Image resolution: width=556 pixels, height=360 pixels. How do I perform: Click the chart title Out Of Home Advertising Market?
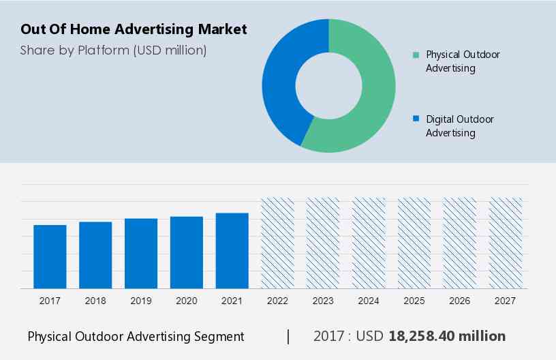[134, 29]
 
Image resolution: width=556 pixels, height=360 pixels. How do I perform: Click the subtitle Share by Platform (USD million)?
[113, 50]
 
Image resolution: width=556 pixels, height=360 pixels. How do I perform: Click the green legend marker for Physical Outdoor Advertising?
[416, 55]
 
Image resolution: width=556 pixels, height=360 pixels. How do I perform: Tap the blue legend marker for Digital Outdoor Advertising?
[416, 119]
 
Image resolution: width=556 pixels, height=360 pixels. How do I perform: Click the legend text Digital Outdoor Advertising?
[459, 125]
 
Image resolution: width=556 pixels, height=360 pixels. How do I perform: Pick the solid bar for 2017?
[50, 256]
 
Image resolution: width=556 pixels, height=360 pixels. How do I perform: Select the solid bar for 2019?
[141, 253]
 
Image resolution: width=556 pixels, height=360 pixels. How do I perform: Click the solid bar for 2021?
[232, 250]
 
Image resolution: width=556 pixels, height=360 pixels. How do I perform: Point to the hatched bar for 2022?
[278, 243]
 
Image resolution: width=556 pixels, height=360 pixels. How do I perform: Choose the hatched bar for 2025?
[414, 243]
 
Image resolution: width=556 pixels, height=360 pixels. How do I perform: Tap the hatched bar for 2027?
[506, 243]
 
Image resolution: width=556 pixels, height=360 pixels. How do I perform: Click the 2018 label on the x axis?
[95, 301]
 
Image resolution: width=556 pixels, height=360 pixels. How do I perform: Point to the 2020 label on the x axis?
[187, 301]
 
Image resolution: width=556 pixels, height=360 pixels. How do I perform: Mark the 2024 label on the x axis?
[369, 301]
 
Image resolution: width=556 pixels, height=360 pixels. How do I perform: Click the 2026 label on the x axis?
[460, 301]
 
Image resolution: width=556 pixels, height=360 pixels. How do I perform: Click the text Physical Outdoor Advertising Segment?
[136, 336]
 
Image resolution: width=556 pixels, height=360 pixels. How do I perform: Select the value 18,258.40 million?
[447, 336]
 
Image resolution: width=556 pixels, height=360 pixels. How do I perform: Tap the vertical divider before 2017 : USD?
[288, 336]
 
